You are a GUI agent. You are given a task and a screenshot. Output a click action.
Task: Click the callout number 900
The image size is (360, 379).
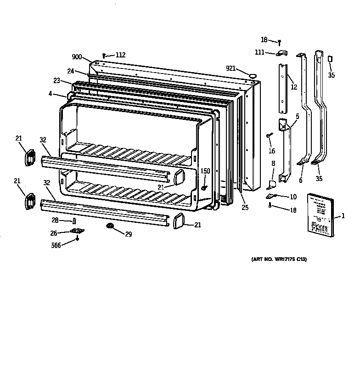pyautogui.click(x=77, y=57)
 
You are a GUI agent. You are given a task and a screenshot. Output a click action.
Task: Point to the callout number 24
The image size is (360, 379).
pyautogui.click(x=70, y=71)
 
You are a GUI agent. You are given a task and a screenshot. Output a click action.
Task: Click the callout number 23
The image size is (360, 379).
pyautogui.click(x=56, y=80)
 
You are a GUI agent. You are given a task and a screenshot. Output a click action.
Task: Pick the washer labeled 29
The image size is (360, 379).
pyautogui.click(x=110, y=226)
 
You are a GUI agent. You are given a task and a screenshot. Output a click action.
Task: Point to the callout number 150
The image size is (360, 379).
pyautogui.click(x=205, y=171)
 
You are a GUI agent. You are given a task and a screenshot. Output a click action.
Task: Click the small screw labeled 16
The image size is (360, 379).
pyautogui.click(x=268, y=136)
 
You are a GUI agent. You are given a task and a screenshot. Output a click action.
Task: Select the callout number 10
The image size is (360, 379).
pyautogui.click(x=293, y=197)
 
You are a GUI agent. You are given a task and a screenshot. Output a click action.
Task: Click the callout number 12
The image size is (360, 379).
pyautogui.click(x=294, y=87)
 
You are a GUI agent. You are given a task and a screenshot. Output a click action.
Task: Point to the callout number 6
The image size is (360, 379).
pyautogui.click(x=301, y=181)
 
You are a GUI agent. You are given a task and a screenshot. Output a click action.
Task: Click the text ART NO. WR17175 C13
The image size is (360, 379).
pyautogui.click(x=279, y=260)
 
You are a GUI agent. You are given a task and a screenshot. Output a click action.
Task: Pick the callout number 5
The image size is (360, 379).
pyautogui.click(x=297, y=117)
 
